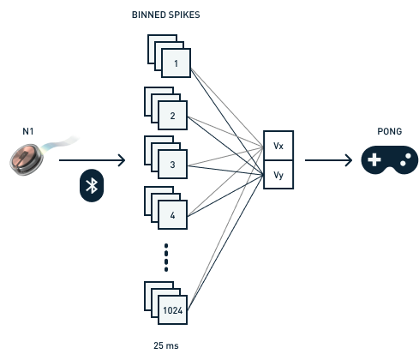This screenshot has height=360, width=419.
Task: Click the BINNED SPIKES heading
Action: [165, 15]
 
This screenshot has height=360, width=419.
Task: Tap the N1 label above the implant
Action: [28, 131]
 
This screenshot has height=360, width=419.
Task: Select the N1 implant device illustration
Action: [27, 159]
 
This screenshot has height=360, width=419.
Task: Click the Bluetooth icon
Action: [92, 186]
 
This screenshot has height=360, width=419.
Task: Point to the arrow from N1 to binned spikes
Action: [92, 160]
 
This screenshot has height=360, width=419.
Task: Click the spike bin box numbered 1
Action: [176, 63]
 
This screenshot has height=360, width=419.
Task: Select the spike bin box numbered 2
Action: [172, 116]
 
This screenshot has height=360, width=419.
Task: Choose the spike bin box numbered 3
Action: [172, 165]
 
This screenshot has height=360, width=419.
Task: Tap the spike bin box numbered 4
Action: [172, 215]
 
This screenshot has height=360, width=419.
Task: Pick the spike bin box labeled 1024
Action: [172, 310]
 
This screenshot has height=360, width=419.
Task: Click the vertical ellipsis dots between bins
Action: [166, 258]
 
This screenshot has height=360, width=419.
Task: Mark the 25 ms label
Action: [166, 345]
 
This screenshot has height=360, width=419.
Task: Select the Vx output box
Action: [278, 146]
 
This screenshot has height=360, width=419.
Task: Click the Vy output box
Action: [278, 175]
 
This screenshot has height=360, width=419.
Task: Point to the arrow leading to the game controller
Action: [328, 160]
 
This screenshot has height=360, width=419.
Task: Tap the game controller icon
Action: [390, 159]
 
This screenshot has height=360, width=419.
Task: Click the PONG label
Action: [390, 131]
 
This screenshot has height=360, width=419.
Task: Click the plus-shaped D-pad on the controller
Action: [374, 159]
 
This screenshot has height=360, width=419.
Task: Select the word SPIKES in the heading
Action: [183, 15]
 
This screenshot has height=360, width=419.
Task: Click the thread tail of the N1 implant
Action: [61, 143]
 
